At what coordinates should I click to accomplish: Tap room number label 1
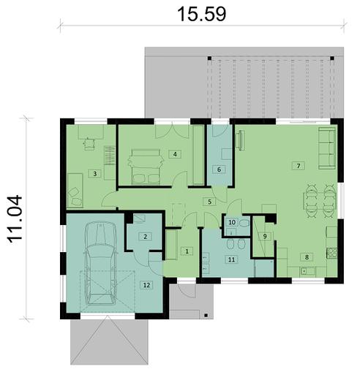[187, 251]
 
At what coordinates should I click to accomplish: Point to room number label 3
[94, 174]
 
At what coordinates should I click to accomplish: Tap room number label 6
[217, 169]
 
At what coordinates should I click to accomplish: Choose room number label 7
[298, 165]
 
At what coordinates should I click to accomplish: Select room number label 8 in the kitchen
[307, 256]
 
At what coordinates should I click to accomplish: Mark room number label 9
[265, 236]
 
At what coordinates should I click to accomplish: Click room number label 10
[231, 222]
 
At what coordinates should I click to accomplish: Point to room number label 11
[230, 259]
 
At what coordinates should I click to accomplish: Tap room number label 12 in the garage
[146, 284]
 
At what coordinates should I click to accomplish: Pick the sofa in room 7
[326, 145]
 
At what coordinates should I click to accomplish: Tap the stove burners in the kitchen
[331, 253]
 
